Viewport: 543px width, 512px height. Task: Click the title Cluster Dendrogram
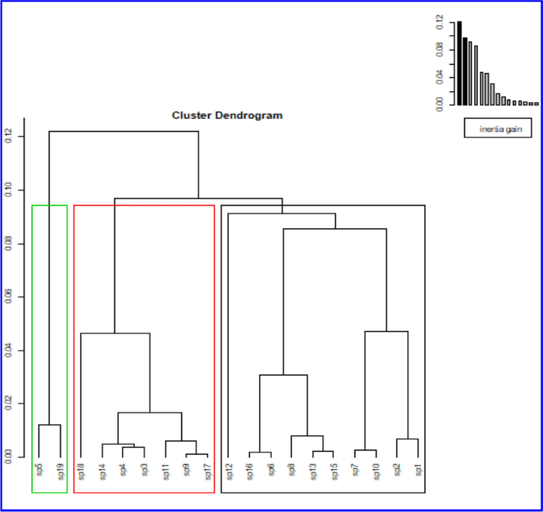228,115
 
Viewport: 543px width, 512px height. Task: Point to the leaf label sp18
81,471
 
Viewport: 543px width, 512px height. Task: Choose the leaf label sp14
102,471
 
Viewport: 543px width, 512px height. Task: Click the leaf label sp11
165,471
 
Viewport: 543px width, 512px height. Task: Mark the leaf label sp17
207,471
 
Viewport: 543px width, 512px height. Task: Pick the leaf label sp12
228,471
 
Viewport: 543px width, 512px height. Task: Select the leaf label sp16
250,471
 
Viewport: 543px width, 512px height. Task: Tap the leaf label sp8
292,471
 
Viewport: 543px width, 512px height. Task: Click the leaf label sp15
334,471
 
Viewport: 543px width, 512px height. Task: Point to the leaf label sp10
376,471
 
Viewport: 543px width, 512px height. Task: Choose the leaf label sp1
418,471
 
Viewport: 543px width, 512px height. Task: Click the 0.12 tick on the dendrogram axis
9,137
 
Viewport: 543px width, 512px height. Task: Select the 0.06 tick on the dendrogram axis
9,297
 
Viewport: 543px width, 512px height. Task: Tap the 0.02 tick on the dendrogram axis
9,403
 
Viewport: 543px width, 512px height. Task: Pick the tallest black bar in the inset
459,63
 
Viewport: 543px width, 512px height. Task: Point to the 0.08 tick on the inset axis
438,50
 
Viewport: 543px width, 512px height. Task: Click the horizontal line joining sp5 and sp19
49,425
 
